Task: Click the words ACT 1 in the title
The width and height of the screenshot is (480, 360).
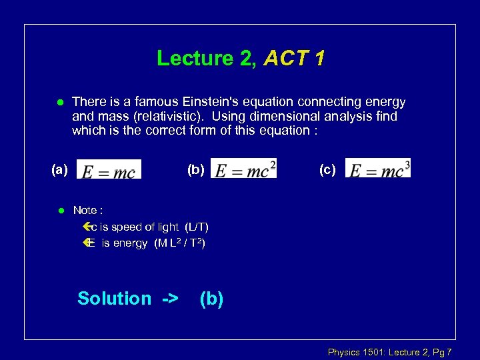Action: [294, 59]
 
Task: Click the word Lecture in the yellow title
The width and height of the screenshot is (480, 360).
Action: [195, 59]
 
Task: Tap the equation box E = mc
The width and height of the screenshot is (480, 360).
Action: [109, 169]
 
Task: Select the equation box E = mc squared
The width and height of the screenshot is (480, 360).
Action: [243, 168]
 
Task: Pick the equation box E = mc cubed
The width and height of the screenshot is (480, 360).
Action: [378, 168]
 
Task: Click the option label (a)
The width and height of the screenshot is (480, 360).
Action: [60, 170]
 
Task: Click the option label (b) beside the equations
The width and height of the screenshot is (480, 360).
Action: [195, 169]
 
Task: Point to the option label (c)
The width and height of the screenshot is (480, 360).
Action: [327, 169]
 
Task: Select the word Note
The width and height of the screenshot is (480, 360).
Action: [85, 210]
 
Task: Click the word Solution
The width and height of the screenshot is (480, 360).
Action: [114, 298]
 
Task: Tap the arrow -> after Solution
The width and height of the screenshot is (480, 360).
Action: [170, 298]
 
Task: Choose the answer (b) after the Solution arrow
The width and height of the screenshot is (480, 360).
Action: [211, 298]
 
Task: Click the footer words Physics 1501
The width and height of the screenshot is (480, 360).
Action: [353, 351]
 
